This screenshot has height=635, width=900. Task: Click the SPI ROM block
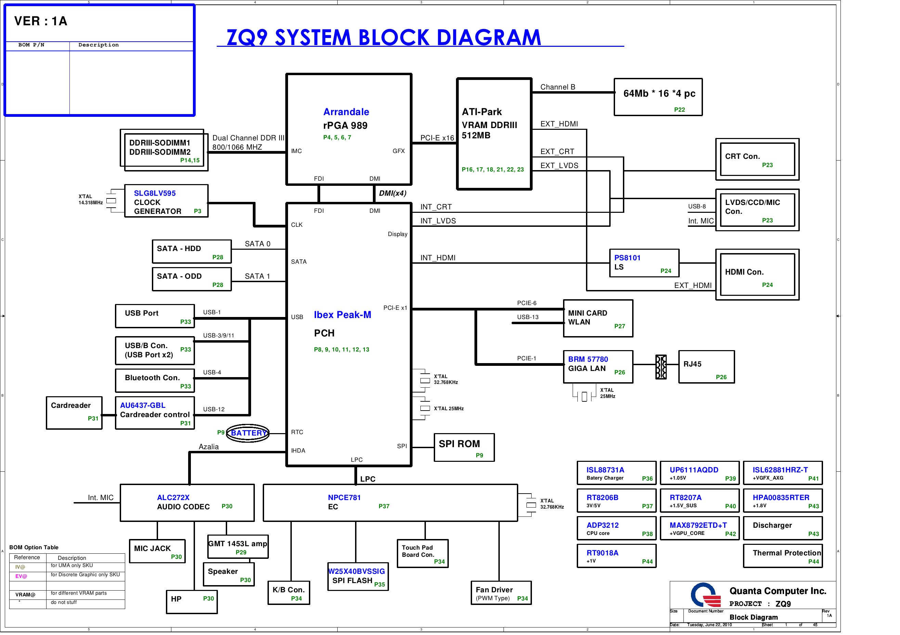click(x=464, y=447)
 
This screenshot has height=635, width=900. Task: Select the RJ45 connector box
click(x=706, y=367)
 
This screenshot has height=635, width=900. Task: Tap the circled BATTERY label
click(x=248, y=433)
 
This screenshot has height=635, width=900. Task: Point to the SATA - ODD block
click(x=192, y=279)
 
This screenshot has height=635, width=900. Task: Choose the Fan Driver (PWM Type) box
click(x=500, y=593)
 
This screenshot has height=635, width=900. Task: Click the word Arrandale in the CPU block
click(x=346, y=112)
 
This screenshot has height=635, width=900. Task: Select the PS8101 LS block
click(x=644, y=263)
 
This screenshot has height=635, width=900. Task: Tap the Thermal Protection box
click(x=782, y=555)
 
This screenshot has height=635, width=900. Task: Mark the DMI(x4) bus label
click(x=392, y=193)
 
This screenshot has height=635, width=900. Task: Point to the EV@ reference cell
click(x=21, y=576)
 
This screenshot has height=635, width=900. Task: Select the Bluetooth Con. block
click(x=155, y=381)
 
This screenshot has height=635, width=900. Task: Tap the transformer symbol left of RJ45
click(x=661, y=367)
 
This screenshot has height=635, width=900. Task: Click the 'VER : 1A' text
click(x=41, y=21)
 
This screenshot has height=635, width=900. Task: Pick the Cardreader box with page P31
click(x=74, y=413)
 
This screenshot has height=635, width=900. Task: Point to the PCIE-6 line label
click(x=526, y=303)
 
